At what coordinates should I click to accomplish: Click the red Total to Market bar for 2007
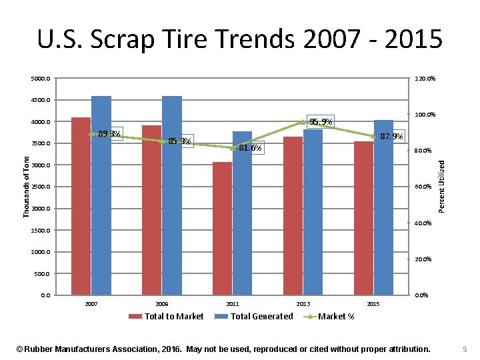81,207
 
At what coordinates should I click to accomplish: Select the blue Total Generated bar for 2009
171,196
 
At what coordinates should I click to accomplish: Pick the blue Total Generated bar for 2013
313,213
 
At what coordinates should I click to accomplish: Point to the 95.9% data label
321,121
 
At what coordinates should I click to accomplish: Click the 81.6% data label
250,148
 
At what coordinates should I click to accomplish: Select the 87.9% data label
391,137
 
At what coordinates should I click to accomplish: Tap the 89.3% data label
109,134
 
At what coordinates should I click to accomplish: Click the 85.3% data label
180,141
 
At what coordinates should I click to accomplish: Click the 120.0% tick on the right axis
425,79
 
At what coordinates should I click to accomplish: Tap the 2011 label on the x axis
233,304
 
